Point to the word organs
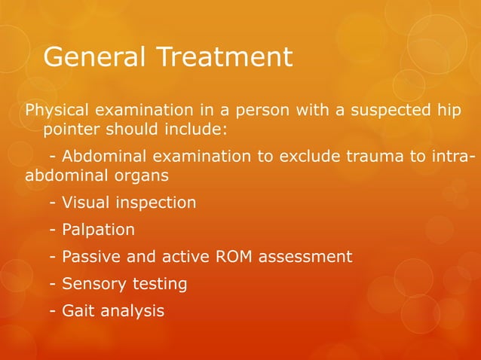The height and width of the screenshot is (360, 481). (x=141, y=175)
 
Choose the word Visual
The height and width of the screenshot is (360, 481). (x=85, y=203)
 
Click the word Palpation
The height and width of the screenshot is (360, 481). (x=98, y=230)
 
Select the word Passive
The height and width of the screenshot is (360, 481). (x=90, y=257)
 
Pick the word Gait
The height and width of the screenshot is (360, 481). (x=78, y=310)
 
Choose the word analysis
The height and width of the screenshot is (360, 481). (x=132, y=310)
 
